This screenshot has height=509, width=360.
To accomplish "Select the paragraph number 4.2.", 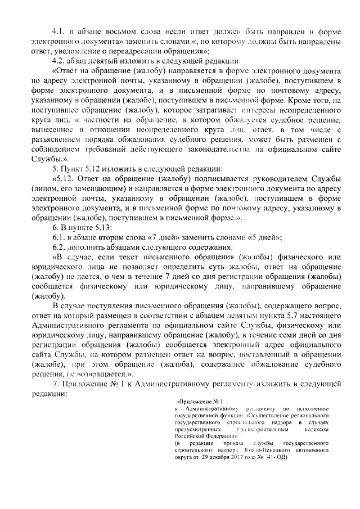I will pos(58,61).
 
